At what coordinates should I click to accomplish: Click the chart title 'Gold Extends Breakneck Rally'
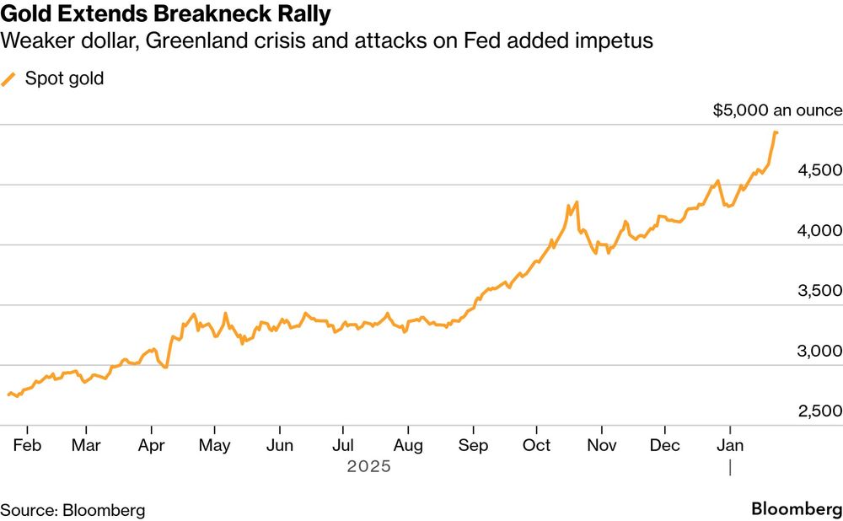coord(165,14)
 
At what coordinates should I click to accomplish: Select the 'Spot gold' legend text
coord(64,79)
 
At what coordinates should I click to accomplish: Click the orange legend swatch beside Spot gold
coord(9,79)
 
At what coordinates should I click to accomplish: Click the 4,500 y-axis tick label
coord(819,170)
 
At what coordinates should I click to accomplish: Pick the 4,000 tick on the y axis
coord(819,230)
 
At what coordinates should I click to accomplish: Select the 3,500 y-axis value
coord(819,291)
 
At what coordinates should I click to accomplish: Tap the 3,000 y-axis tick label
coord(819,351)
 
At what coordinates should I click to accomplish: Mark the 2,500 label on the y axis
coord(819,411)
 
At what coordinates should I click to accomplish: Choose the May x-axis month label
coord(215,444)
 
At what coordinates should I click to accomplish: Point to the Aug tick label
coord(408,444)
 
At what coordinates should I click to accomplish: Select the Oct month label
coord(536,444)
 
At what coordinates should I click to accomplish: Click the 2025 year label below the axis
coord(368,465)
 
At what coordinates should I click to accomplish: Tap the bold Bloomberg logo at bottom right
coord(796,509)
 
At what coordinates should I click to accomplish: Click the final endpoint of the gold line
coord(776,132)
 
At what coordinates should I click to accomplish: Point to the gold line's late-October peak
coord(577,201)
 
